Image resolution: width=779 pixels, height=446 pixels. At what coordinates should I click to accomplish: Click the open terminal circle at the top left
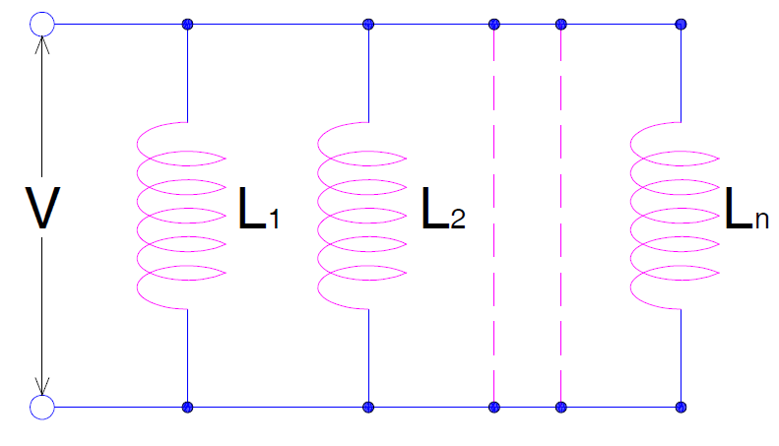tap(42, 24)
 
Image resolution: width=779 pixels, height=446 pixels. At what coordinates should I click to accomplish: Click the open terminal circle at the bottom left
tap(42, 406)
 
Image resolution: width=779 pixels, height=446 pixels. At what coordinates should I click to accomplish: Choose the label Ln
tap(747, 210)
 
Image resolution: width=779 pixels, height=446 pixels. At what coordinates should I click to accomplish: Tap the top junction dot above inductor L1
tap(187, 24)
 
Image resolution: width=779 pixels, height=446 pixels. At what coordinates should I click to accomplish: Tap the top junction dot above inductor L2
tap(368, 24)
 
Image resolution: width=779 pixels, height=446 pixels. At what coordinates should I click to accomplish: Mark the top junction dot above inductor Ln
tap(681, 24)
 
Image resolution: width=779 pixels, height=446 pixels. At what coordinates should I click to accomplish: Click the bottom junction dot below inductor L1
tap(187, 406)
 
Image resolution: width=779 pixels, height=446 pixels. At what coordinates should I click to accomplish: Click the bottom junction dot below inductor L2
tap(368, 406)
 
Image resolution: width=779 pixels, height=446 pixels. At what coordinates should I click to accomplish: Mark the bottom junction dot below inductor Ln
tap(681, 406)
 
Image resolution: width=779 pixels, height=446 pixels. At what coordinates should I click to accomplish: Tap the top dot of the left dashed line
tap(493, 24)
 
